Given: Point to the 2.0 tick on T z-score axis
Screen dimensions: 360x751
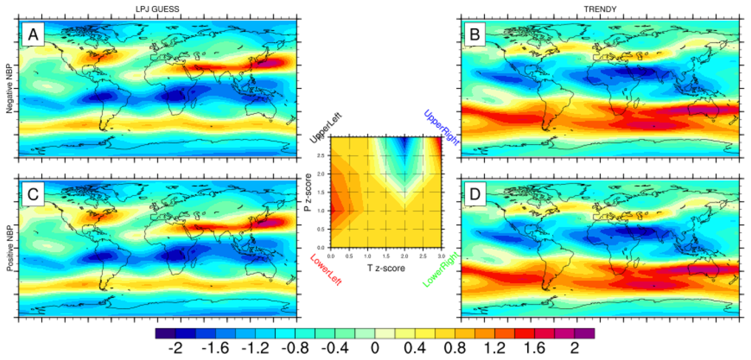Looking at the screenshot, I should pyautogui.click(x=404, y=254).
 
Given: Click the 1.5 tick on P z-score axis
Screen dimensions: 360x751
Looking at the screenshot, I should pyautogui.click(x=322, y=192).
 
